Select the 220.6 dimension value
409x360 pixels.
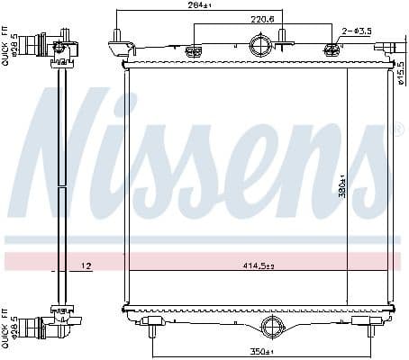239,20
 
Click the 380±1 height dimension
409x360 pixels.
342,184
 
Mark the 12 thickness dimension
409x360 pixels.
87,265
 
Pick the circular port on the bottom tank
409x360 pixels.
272,327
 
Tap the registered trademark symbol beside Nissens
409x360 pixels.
398,131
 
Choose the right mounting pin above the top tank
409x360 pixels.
282,38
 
